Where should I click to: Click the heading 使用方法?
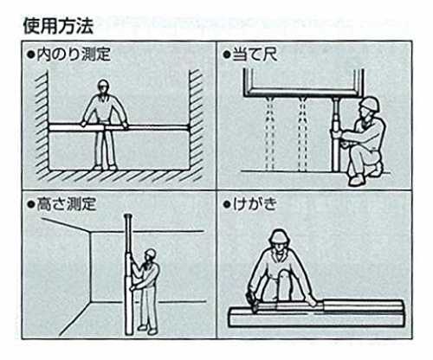tap(58, 26)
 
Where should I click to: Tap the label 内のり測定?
tap(74, 54)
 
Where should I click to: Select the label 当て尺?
tap(255, 54)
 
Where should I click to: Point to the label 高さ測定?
tap(67, 204)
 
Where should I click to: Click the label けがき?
tap(255, 204)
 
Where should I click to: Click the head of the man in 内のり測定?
tap(102, 87)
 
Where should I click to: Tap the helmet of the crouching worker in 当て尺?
tap(370, 104)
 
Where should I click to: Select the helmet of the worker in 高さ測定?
tap(151, 254)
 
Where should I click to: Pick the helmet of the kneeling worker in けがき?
tap(279, 236)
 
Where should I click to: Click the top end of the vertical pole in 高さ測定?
tap(128, 215)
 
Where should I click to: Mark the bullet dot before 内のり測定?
tap(30, 55)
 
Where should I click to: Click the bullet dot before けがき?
tap(227, 204)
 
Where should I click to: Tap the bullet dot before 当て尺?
tap(227, 55)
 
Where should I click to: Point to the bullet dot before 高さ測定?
tap(30, 204)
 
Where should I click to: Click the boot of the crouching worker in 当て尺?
tap(357, 180)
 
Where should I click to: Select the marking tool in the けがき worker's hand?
tap(251, 301)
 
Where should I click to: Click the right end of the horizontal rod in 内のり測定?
tap(189, 127)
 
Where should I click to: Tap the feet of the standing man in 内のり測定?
tap(105, 167)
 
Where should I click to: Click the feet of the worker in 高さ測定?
tap(147, 330)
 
